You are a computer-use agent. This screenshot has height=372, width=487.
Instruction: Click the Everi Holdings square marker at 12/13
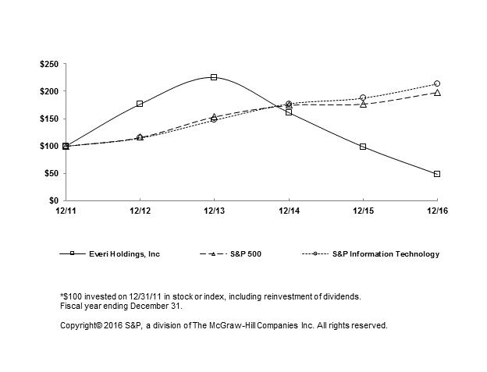point(214,77)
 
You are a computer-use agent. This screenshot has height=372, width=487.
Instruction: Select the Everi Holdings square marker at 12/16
point(437,174)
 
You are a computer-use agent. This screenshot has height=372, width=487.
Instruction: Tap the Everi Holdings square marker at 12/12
point(140,104)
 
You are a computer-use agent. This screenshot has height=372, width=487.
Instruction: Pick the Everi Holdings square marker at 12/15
point(363,147)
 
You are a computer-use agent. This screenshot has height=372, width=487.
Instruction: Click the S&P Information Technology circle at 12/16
point(437,83)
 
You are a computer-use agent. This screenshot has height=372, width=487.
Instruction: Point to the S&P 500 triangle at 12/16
point(437,93)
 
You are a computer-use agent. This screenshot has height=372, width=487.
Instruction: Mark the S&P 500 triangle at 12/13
point(214,117)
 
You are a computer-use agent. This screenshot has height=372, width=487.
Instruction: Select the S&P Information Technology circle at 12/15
point(363,97)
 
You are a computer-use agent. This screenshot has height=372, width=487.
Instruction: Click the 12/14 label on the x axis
point(289,211)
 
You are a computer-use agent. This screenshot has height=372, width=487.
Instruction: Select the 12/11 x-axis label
point(66,211)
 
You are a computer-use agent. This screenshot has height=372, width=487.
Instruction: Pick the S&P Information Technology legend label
point(386,254)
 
